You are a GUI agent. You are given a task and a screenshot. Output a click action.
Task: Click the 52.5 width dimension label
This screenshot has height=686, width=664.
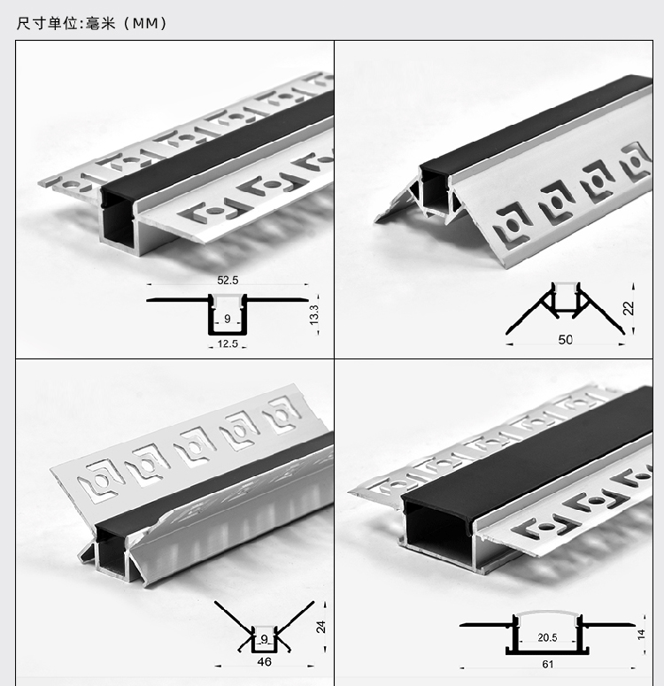pos(228,280)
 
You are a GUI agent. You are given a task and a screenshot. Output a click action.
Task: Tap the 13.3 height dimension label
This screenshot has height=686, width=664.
pos(313,315)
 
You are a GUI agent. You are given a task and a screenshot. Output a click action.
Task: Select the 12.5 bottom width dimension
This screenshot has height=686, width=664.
pos(228,343)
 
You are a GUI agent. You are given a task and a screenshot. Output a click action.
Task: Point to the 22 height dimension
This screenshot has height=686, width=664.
pos(628,308)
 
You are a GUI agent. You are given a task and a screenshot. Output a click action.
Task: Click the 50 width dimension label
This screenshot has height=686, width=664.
pos(565,340)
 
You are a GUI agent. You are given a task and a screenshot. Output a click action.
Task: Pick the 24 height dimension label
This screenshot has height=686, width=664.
pos(320,627)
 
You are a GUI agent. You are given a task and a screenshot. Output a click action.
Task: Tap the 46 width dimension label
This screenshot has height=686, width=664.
pos(264,661)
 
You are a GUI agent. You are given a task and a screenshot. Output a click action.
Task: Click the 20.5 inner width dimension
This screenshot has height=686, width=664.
pos(547,637)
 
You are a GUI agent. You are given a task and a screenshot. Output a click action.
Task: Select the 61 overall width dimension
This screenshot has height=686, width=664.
pos(547,664)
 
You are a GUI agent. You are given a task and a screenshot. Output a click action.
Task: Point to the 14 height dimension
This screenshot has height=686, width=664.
pos(641,635)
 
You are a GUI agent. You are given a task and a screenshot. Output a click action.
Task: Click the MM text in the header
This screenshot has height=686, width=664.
pos(145,23)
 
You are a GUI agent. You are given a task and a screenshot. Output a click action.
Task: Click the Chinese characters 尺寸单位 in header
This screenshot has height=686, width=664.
pos(48,23)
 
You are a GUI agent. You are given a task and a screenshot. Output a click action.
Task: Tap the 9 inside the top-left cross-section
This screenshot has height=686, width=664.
pos(228,319)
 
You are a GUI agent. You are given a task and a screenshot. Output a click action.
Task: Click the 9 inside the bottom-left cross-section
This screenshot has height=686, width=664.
pos(264,639)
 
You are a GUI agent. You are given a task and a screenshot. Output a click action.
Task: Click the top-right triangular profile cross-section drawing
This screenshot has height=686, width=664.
pos(565,309)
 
